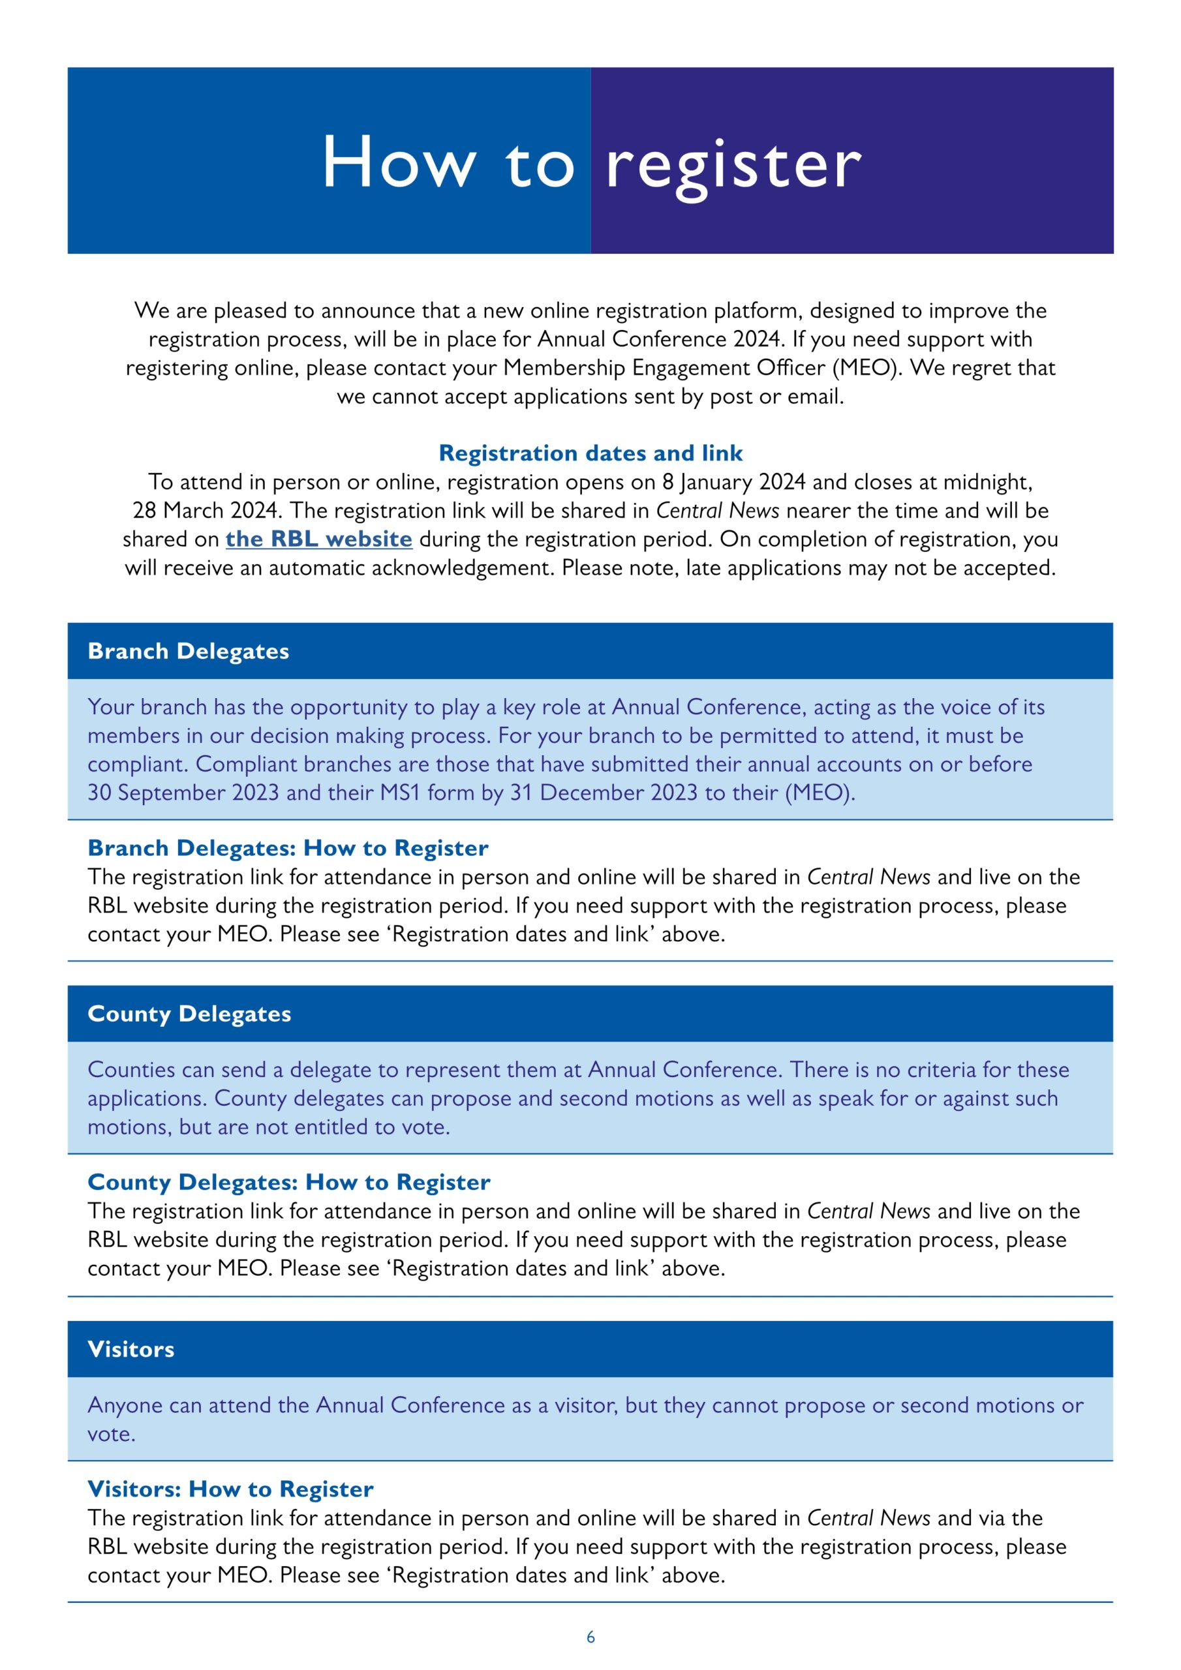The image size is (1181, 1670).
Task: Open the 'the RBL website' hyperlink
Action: pyautogui.click(x=318, y=539)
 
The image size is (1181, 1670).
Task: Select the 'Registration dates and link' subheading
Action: pyautogui.click(x=590, y=453)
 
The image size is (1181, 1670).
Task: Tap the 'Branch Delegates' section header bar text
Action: pyautogui.click(x=189, y=651)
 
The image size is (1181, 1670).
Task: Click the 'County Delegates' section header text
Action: pyautogui.click(x=189, y=1014)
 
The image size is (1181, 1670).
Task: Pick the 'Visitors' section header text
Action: pyautogui.click(x=131, y=1349)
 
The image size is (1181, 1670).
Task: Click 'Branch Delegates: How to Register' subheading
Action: pyautogui.click(x=288, y=848)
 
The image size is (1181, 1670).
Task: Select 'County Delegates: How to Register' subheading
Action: pyautogui.click(x=289, y=1182)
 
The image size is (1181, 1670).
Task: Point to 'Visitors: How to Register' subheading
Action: pyautogui.click(x=231, y=1489)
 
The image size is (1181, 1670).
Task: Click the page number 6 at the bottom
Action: pyautogui.click(x=590, y=1637)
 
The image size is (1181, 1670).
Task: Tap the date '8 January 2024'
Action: pyautogui.click(x=733, y=482)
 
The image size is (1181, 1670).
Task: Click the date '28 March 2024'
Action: pyautogui.click(x=207, y=511)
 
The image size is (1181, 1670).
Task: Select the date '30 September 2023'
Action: pyautogui.click(x=183, y=793)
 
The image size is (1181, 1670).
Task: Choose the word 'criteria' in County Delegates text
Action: pyautogui.click(x=937, y=1070)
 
